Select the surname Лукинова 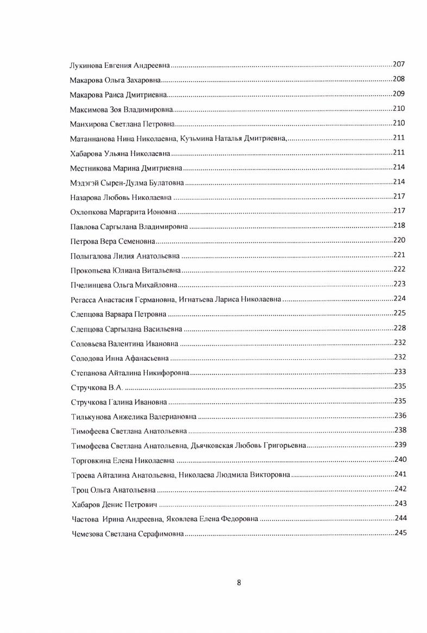(86, 66)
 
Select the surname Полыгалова (90, 256)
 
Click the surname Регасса (83, 300)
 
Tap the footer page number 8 (239, 583)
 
